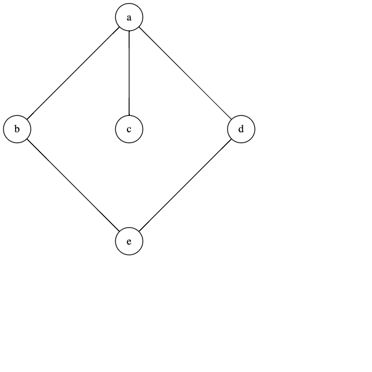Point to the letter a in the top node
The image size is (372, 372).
pos(129,18)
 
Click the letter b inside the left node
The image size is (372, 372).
pos(17,129)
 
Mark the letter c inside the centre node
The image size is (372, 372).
pos(129,129)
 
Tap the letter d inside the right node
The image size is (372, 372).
pos(242,129)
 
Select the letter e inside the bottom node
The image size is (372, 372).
pos(129,242)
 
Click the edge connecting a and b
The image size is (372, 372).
pos(72,74)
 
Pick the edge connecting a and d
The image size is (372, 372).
pos(185,74)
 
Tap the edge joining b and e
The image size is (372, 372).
pos(72,185)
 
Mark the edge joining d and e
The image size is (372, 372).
pos(185,185)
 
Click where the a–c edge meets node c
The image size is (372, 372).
pos(129,116)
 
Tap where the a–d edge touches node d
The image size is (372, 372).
pos(232,120)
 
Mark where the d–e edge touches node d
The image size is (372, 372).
pos(232,139)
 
